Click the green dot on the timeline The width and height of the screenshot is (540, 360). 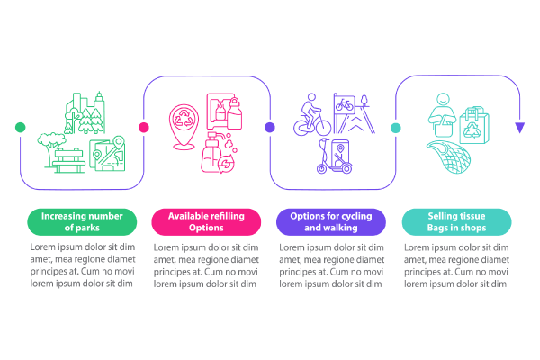click(x=20, y=128)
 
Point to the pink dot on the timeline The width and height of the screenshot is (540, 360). click(x=143, y=128)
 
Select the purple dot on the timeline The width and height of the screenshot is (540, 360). click(x=269, y=128)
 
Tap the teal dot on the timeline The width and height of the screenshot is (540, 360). click(x=395, y=128)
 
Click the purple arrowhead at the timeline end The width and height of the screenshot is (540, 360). click(x=519, y=128)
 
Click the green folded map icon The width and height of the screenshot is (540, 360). click(x=107, y=154)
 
